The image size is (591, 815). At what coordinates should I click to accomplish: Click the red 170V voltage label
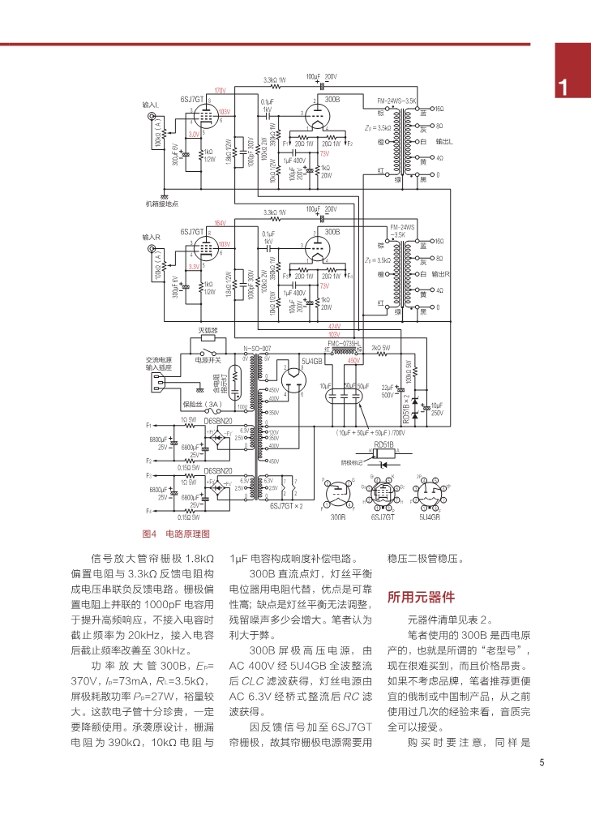click(x=219, y=90)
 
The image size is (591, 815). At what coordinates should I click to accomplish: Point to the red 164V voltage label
click(x=219, y=223)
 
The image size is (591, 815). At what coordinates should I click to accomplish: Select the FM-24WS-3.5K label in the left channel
click(x=397, y=101)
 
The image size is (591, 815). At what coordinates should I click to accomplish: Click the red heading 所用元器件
click(x=421, y=598)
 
